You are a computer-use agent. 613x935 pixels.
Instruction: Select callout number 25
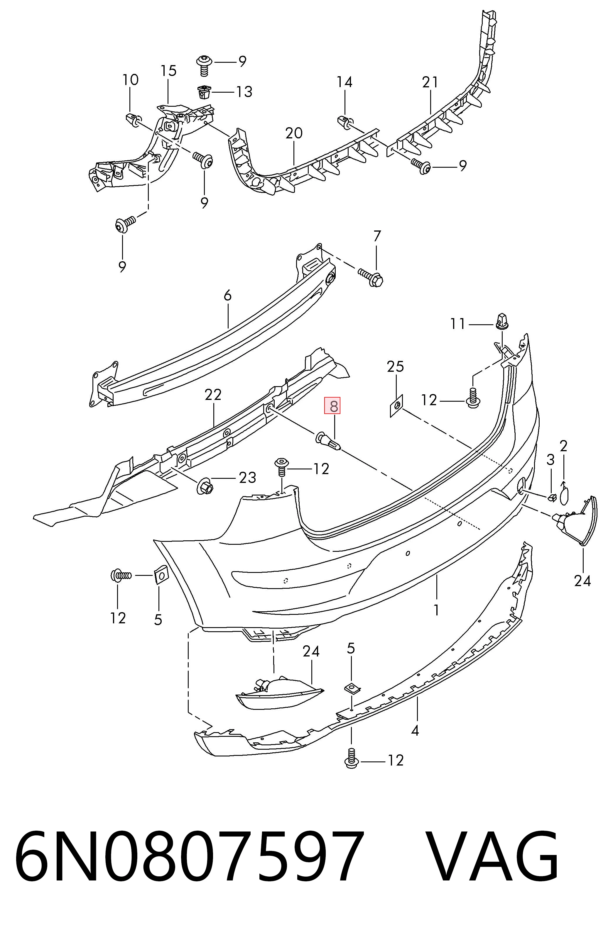pyautogui.click(x=395, y=366)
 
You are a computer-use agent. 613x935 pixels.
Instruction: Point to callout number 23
pyautogui.click(x=247, y=477)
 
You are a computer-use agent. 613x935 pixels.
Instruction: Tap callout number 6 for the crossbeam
pyautogui.click(x=228, y=296)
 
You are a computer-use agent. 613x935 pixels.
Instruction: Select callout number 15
pyautogui.click(x=168, y=71)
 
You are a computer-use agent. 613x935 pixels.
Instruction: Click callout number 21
pyautogui.click(x=430, y=82)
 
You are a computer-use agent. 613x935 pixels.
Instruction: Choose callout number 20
pyautogui.click(x=294, y=133)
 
